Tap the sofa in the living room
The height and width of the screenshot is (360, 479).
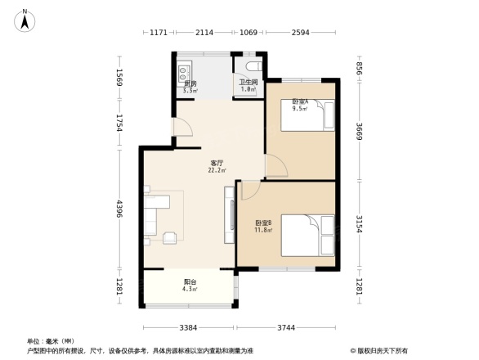(152, 217)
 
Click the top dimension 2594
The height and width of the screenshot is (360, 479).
(299, 33)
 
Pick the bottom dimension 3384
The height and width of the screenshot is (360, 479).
(189, 328)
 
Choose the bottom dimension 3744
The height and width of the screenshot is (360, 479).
(284, 328)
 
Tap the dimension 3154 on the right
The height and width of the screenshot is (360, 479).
(358, 223)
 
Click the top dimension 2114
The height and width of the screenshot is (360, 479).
(204, 33)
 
